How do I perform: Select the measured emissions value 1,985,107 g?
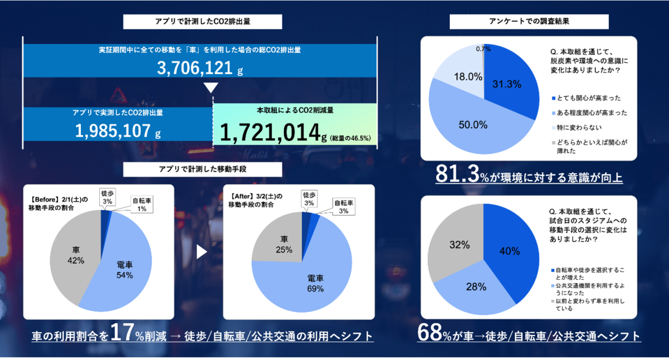(118, 131)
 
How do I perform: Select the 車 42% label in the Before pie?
(76, 256)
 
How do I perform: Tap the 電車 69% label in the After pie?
(316, 283)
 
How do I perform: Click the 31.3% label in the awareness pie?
(507, 84)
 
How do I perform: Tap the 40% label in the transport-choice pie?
(509, 251)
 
